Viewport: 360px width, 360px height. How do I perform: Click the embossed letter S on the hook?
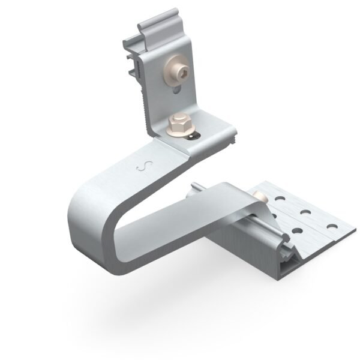tap(143, 165)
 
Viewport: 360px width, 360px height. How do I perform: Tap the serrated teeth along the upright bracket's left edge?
tap(146, 102)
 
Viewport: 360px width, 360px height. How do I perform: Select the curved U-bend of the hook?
tap(90, 216)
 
